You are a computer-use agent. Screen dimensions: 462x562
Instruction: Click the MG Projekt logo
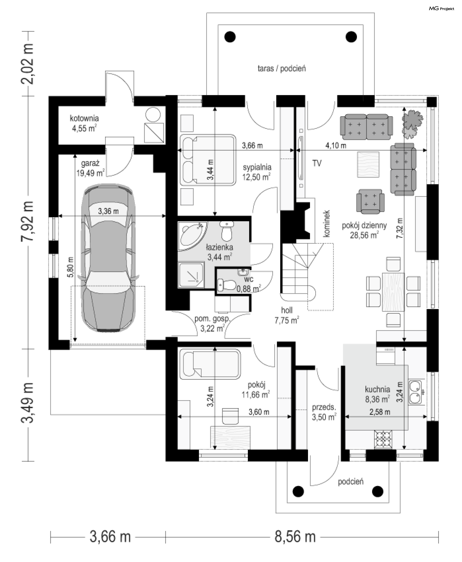point(441,9)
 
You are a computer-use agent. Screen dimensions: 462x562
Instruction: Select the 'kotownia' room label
point(84,118)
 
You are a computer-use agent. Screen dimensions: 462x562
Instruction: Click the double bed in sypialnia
point(208,160)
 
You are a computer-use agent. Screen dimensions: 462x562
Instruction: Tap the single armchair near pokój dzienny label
point(370,201)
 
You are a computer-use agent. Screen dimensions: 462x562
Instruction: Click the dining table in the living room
point(393,292)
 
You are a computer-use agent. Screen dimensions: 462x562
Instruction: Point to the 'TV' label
point(317,163)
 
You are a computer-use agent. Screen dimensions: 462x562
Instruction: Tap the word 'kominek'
point(327,224)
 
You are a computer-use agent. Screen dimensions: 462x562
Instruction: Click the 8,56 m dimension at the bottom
point(295,537)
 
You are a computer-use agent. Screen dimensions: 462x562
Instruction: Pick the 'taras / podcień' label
point(282,69)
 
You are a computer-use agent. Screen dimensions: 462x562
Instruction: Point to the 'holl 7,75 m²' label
point(287,315)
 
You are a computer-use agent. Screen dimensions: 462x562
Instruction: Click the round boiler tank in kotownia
point(153,115)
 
